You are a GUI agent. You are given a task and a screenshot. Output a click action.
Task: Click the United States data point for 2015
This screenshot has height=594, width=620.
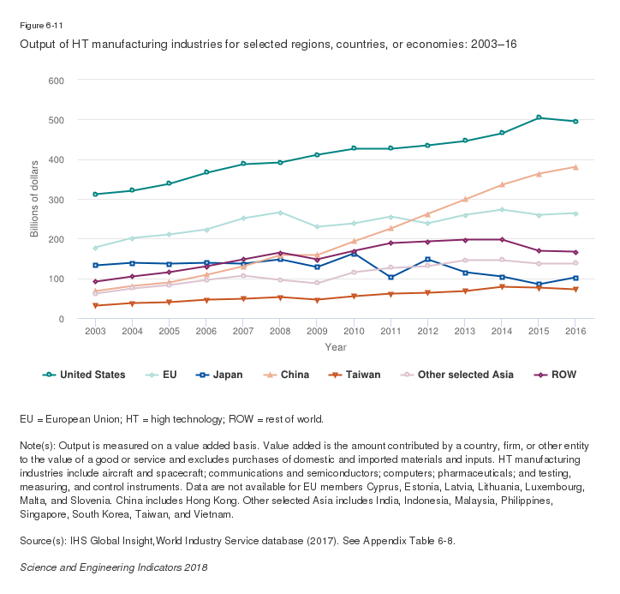coord(539,117)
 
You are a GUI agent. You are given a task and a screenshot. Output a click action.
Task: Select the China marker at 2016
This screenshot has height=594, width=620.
coord(575,167)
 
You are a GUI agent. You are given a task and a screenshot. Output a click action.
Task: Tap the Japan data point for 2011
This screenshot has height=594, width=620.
coord(390,278)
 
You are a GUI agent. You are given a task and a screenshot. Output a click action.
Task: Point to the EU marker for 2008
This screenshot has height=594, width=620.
coord(280,213)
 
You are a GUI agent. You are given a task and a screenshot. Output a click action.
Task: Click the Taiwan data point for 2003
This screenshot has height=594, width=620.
coord(95,306)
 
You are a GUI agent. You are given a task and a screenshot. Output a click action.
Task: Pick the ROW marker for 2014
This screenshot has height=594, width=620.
coord(502,240)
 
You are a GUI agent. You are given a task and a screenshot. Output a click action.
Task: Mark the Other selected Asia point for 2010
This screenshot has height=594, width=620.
coord(354,273)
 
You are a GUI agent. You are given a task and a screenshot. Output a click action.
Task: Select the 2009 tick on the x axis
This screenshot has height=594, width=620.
coord(317,331)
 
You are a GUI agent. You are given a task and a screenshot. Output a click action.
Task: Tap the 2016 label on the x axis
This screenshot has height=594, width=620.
coord(575,331)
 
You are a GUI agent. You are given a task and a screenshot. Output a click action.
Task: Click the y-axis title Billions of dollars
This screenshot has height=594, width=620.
coord(35,200)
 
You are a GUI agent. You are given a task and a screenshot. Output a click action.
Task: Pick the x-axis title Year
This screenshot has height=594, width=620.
coord(336,347)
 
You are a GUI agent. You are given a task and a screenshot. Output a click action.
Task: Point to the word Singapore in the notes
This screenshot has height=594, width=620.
coord(42,515)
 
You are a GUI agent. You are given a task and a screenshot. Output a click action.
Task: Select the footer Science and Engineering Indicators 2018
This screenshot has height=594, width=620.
coord(113,567)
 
